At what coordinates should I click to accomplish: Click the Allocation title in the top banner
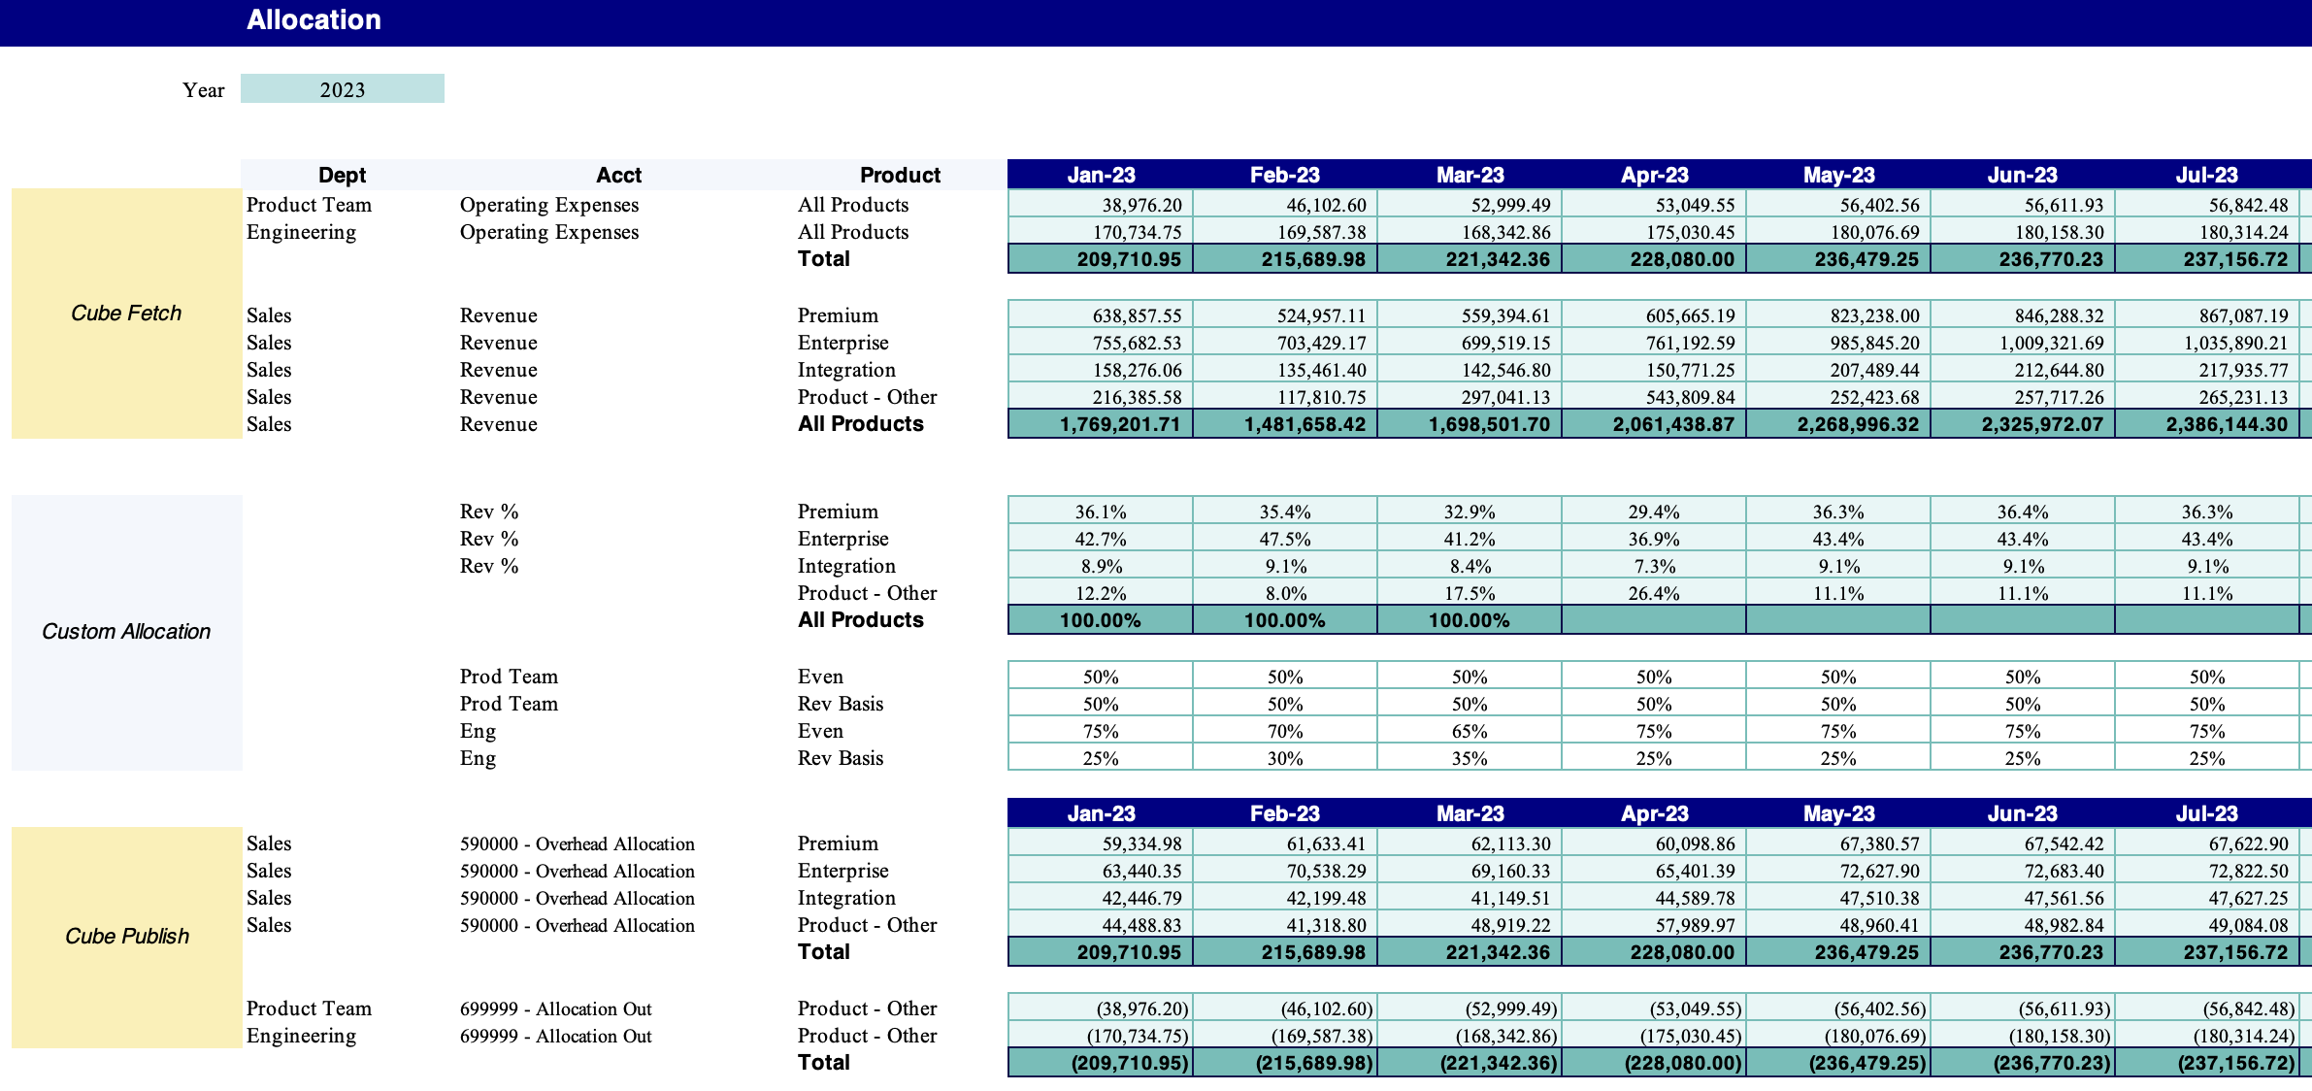point(314,20)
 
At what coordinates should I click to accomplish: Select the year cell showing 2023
point(343,89)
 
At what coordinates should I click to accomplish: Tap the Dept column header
point(342,175)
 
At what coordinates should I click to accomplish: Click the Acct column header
point(618,175)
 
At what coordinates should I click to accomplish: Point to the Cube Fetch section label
point(126,313)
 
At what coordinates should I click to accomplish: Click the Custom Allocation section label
point(126,631)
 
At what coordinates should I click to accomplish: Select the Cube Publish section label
point(126,936)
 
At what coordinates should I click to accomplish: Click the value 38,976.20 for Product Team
point(1141,205)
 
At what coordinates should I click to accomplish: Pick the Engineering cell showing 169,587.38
point(1321,232)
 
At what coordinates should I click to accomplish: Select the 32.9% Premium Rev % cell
point(1469,512)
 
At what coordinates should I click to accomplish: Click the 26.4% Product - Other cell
point(1653,593)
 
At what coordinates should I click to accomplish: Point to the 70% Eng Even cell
point(1284,731)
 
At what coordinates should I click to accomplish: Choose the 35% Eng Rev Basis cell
point(1469,758)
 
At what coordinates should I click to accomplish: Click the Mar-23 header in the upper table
point(1470,175)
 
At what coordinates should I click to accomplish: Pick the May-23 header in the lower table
point(1838,813)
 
